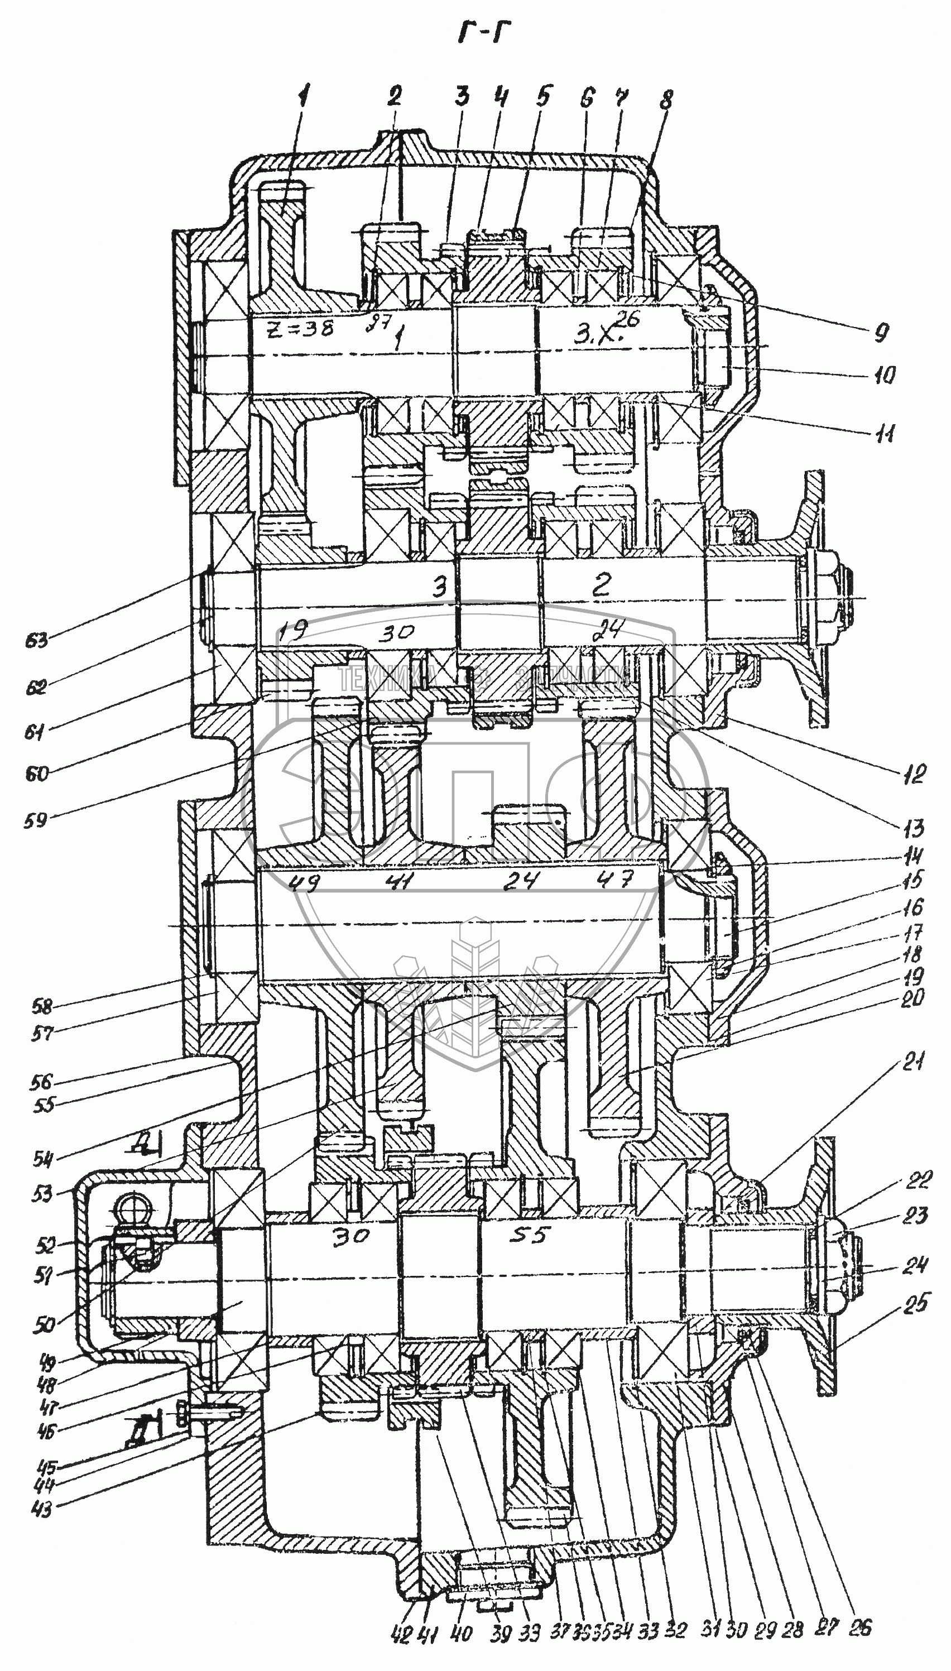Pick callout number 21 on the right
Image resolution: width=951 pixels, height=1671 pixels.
click(x=913, y=1063)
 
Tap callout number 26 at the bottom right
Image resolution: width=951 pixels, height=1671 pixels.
click(x=860, y=1628)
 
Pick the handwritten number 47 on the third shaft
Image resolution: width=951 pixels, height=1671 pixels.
click(x=615, y=881)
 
